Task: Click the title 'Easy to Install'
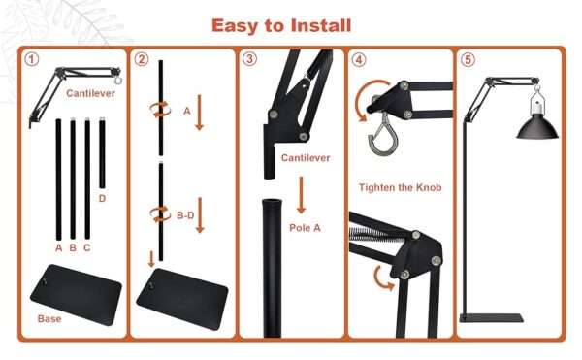(x=281, y=25)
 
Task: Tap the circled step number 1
(x=32, y=59)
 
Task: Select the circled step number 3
(x=249, y=58)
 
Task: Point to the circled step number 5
(x=468, y=59)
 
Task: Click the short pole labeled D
(x=102, y=153)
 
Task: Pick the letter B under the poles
(x=73, y=247)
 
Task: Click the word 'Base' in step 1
(x=49, y=319)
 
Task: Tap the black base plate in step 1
(x=76, y=295)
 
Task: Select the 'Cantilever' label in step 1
(x=90, y=93)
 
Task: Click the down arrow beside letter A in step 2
(x=199, y=113)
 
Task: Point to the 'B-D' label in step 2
(x=185, y=215)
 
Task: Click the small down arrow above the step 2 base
(x=151, y=259)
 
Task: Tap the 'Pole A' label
(x=305, y=227)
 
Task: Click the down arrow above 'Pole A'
(x=301, y=195)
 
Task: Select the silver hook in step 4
(x=383, y=135)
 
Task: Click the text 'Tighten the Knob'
(x=400, y=187)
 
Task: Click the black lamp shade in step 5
(x=537, y=127)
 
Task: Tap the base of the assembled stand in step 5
(x=492, y=317)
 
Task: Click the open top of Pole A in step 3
(x=272, y=202)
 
